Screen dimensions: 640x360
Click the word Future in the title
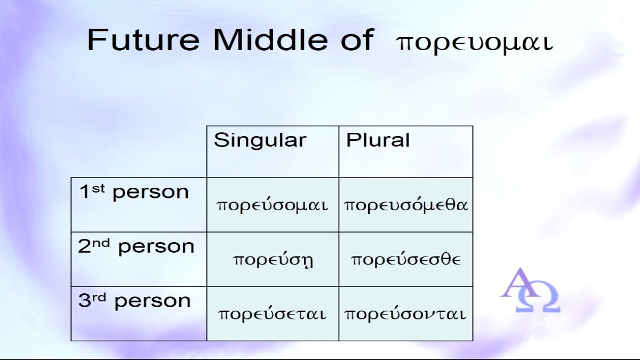143,39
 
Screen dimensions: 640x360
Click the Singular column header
260,140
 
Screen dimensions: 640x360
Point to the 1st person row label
134,192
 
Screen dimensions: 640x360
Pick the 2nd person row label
136,246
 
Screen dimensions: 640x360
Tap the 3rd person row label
134,301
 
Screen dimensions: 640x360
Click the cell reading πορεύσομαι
273,205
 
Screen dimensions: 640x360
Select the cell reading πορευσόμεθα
406,205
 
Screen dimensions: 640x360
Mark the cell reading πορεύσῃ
273,260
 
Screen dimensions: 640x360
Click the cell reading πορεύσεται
272,314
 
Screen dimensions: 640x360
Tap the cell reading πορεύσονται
405,314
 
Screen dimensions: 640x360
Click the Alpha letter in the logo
518,283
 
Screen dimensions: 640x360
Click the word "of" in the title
357,39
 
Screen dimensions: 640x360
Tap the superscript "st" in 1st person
98,189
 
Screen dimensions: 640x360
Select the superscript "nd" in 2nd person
101,243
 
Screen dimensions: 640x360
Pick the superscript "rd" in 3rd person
99,298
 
